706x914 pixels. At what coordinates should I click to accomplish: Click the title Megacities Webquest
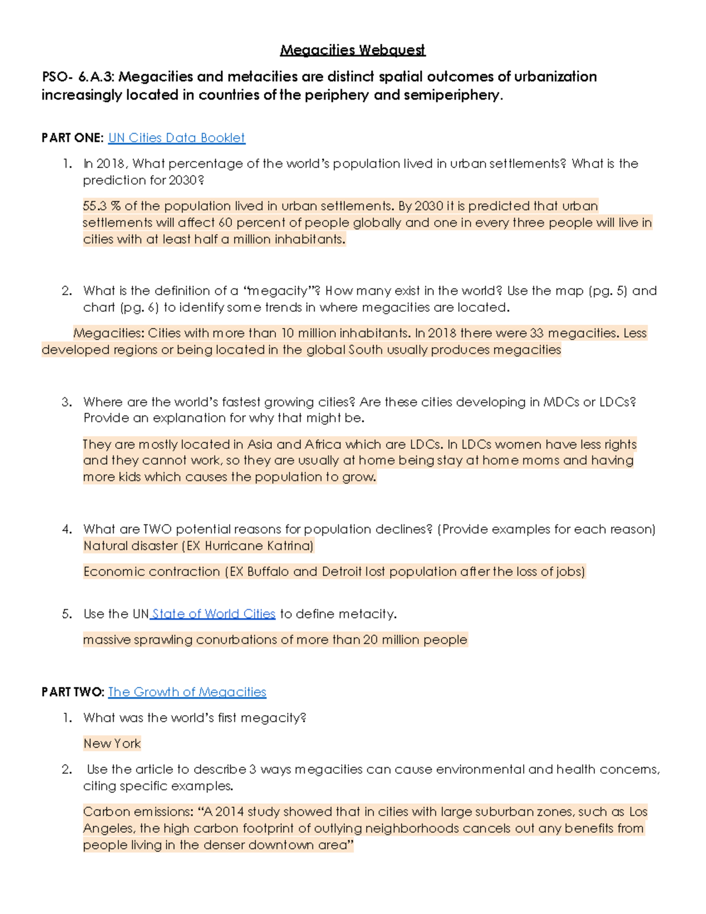click(352, 50)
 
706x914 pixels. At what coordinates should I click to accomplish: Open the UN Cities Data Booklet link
click(176, 138)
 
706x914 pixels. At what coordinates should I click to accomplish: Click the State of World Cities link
click(214, 614)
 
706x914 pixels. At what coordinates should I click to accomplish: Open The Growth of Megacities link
click(187, 692)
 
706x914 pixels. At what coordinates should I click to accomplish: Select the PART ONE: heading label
click(72, 138)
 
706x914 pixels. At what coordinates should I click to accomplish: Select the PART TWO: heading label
click(72, 692)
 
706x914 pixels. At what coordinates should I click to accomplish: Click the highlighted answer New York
click(112, 744)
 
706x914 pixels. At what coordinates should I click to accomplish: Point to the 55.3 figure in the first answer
click(95, 206)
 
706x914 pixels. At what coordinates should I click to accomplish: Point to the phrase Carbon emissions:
click(138, 812)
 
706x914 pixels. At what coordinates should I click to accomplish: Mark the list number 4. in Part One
click(67, 529)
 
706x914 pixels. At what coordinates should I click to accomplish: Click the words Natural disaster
click(130, 546)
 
